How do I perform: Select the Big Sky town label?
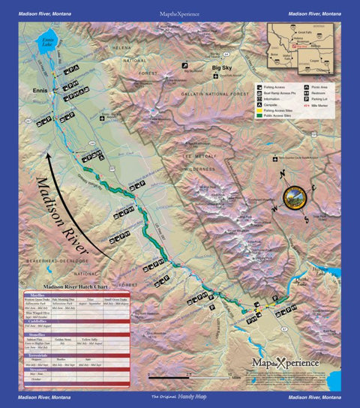point(222,68)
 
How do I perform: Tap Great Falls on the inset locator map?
point(301,32)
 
